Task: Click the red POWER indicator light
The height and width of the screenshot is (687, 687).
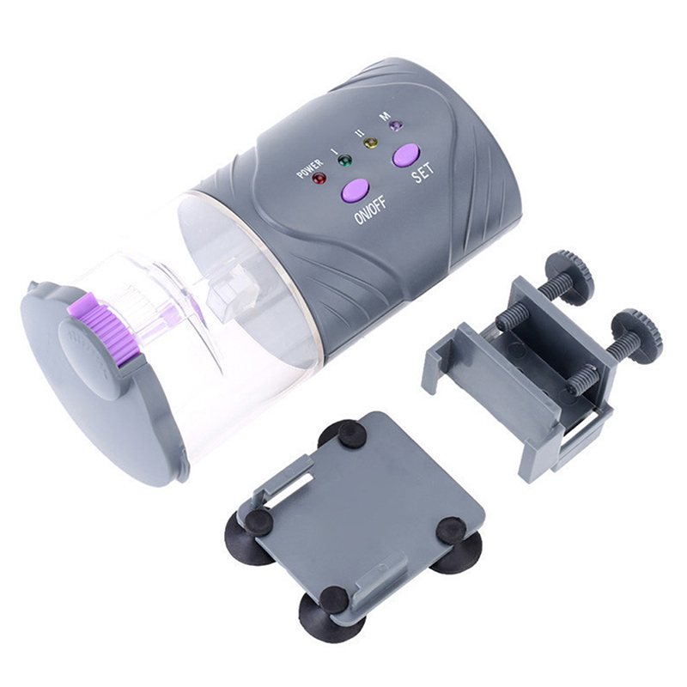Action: [319, 179]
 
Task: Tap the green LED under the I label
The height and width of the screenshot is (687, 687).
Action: [345, 161]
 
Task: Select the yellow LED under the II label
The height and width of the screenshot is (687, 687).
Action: [371, 143]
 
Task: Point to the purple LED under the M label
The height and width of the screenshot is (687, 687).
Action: [397, 125]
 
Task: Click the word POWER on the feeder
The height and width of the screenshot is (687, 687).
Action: [309, 168]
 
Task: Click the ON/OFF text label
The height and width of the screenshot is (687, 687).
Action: [371, 210]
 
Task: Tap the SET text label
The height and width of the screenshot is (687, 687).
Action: [423, 173]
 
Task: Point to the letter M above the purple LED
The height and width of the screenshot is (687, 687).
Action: [385, 117]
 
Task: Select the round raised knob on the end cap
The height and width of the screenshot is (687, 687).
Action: [91, 358]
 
